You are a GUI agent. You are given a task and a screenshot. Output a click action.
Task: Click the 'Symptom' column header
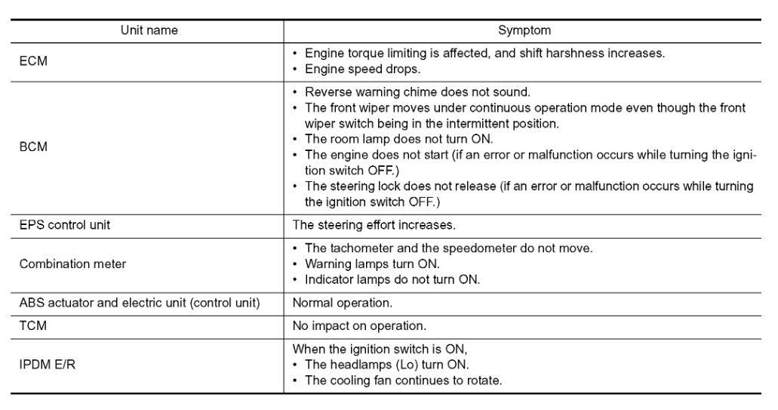click(524, 31)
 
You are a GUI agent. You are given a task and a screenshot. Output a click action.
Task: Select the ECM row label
click(33, 61)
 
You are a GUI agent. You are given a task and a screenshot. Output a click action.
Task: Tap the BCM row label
click(33, 147)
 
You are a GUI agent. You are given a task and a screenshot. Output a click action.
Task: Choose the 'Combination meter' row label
click(73, 264)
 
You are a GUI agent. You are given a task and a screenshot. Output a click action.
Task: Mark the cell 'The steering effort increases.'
click(374, 224)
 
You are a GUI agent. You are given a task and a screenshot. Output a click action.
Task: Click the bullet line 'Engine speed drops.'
click(362, 69)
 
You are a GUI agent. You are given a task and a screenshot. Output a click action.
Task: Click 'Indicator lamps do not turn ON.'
click(392, 279)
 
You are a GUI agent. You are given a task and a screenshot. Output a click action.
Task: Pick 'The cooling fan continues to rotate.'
click(402, 380)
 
